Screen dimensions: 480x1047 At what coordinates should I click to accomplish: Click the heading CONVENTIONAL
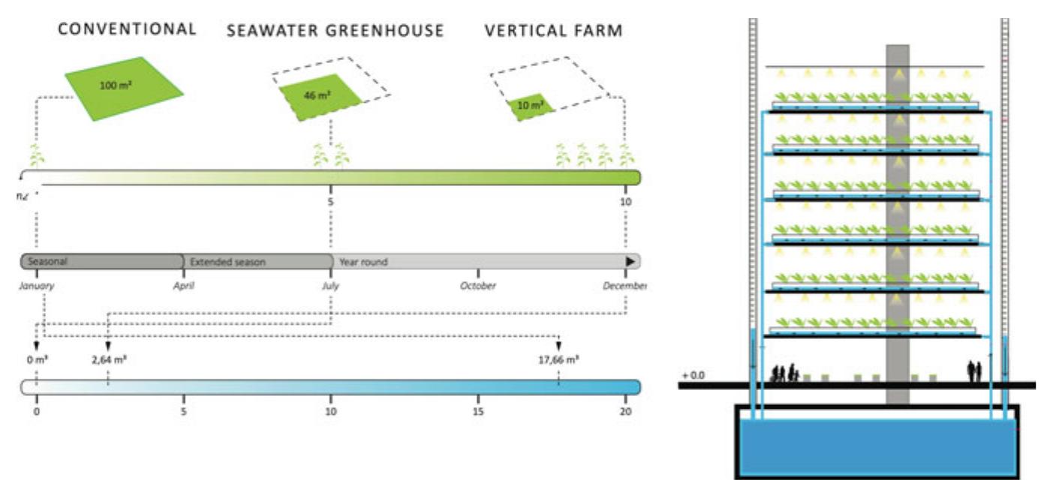tap(128, 29)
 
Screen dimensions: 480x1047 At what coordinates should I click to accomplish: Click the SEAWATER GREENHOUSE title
tap(335, 31)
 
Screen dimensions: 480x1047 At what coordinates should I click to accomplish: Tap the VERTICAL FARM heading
tap(553, 31)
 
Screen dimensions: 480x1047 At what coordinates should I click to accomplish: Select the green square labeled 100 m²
tap(123, 88)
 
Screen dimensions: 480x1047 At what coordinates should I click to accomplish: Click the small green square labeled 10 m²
tap(530, 107)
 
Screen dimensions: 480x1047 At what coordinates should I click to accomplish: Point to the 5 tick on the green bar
tap(330, 202)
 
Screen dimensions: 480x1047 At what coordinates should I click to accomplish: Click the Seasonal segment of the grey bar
tap(101, 262)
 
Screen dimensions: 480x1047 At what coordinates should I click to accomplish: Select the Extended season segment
tap(257, 262)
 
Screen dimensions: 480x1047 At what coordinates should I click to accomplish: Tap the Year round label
tap(363, 262)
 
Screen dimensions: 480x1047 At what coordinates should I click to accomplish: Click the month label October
tap(477, 286)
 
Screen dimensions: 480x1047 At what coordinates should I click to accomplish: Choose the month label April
tap(184, 286)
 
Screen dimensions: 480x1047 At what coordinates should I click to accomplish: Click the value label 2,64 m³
tap(110, 359)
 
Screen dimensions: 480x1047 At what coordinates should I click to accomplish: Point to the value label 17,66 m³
tap(558, 359)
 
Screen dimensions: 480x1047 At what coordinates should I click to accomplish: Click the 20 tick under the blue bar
tap(626, 411)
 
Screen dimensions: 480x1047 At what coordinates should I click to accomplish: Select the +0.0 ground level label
tap(693, 374)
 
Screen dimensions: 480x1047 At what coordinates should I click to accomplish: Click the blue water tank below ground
tap(877, 446)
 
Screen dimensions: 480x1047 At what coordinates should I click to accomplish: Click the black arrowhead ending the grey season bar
tap(631, 262)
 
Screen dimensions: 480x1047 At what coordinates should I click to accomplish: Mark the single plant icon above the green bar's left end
tap(36, 157)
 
